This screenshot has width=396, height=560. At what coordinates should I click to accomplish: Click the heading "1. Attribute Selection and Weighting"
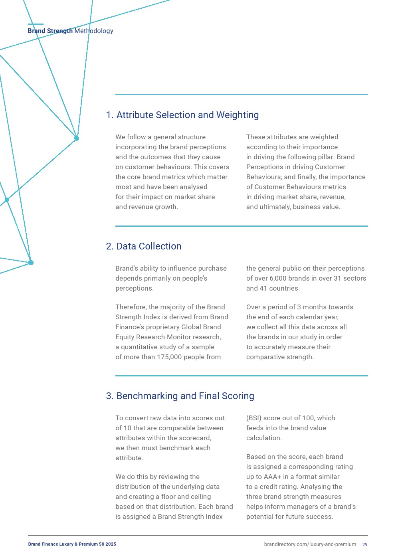coord(182,115)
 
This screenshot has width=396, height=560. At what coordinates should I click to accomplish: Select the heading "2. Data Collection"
coord(144,246)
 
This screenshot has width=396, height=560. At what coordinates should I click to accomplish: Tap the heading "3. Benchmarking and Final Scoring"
coord(180,396)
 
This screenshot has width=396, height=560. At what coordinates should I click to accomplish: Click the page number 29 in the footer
coord(365,544)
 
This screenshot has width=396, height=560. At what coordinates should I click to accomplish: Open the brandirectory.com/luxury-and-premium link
coord(310,544)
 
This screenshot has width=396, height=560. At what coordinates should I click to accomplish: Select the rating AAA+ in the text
coord(273,477)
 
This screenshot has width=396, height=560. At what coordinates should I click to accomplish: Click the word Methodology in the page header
coord(94,31)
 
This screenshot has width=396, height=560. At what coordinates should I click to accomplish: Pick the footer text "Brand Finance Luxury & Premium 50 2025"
coord(72,544)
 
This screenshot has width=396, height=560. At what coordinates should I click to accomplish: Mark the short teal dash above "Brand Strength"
coord(36,24)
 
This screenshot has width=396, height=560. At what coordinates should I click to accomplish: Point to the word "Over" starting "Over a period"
coord(253,307)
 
